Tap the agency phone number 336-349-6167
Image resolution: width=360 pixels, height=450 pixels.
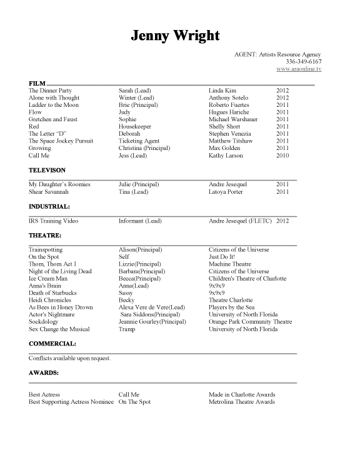[x=303, y=62]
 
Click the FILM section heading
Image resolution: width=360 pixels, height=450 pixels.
[x=36, y=84]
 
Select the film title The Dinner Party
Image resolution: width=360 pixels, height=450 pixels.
[x=50, y=91]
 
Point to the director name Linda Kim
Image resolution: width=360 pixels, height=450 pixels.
[x=224, y=91]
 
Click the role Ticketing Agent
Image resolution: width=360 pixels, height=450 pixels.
[x=139, y=141]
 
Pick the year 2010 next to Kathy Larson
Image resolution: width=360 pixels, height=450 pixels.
[x=282, y=156]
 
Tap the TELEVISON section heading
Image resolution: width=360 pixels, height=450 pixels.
[x=47, y=170]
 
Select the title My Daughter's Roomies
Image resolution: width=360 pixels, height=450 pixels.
[x=59, y=184]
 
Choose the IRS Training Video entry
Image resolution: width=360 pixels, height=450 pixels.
[x=54, y=221]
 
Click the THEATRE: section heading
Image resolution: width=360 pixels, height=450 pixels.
[x=45, y=235]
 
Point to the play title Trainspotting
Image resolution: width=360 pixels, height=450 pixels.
[x=46, y=250]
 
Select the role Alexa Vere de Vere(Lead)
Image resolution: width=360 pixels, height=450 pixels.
[x=152, y=307]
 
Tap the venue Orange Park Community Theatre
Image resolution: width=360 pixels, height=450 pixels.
[x=250, y=322]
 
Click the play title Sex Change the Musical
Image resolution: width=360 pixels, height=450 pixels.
[x=59, y=329]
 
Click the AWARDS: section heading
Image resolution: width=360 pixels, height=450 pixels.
[x=44, y=373]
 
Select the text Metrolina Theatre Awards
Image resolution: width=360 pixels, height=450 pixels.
[x=242, y=402]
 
